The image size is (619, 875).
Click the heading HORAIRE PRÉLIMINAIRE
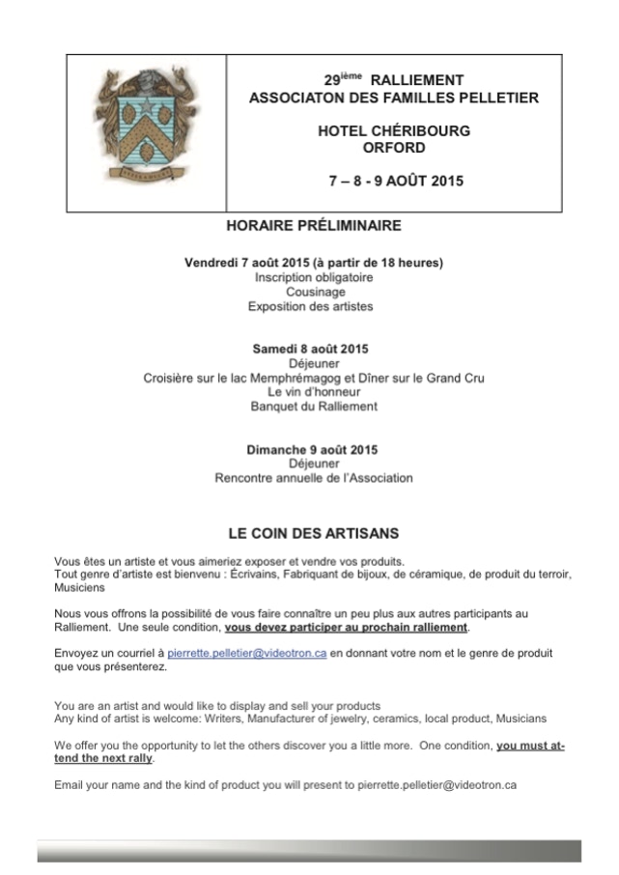point(313,226)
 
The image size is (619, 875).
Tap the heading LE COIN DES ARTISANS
point(313,532)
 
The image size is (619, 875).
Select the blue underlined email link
point(247,654)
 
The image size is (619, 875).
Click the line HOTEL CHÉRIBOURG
point(394,131)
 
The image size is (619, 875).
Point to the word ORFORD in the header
point(394,148)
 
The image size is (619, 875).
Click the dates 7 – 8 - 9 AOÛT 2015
point(396,181)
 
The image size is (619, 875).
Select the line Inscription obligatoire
point(314,277)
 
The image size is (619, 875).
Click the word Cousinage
point(314,292)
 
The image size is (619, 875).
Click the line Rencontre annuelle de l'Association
point(314,477)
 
